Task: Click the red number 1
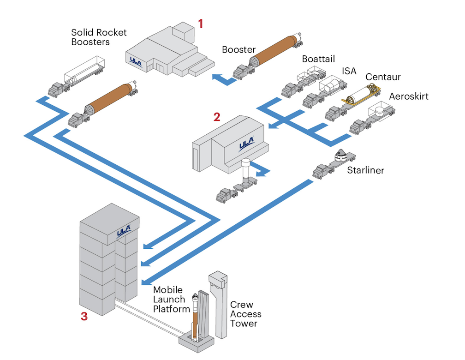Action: [x=200, y=23]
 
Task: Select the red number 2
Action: [x=217, y=117]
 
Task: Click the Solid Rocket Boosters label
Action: [x=98, y=37]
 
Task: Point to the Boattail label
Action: [x=318, y=59]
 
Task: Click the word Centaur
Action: [x=383, y=77]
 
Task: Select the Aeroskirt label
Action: [x=408, y=96]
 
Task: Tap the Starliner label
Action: [x=366, y=170]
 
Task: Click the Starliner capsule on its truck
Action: [x=342, y=156]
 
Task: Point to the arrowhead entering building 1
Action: [x=215, y=77]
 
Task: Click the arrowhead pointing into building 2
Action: [x=272, y=125]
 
